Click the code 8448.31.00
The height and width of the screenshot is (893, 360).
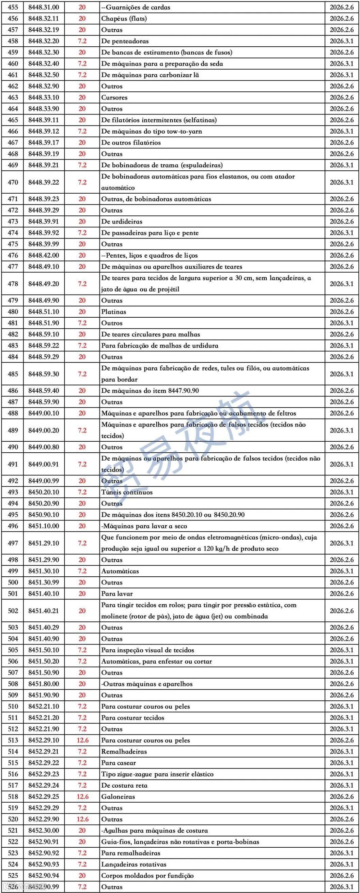tap(44, 7)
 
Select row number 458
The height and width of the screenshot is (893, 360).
tap(13, 41)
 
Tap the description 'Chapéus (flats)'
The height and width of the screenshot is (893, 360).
tap(124, 19)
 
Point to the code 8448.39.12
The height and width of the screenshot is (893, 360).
tap(44, 131)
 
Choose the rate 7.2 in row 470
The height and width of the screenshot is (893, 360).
tap(82, 182)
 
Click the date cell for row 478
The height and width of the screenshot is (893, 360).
tap(341, 284)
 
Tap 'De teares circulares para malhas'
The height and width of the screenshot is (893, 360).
tap(151, 334)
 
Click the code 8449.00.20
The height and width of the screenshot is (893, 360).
tap(44, 430)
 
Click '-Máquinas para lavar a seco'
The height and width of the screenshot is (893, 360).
tap(144, 526)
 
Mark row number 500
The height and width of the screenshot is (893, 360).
tap(13, 582)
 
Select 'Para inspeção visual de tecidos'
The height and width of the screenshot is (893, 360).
tap(147, 650)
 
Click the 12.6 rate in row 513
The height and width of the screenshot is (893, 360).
tap(82, 740)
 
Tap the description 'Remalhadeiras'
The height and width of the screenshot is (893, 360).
tap(124, 752)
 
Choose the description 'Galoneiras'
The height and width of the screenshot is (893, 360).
tap(118, 797)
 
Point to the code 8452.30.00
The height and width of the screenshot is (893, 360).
tap(44, 830)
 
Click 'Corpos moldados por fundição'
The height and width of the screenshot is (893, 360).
tap(147, 875)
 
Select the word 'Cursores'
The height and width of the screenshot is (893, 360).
tap(114, 97)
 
